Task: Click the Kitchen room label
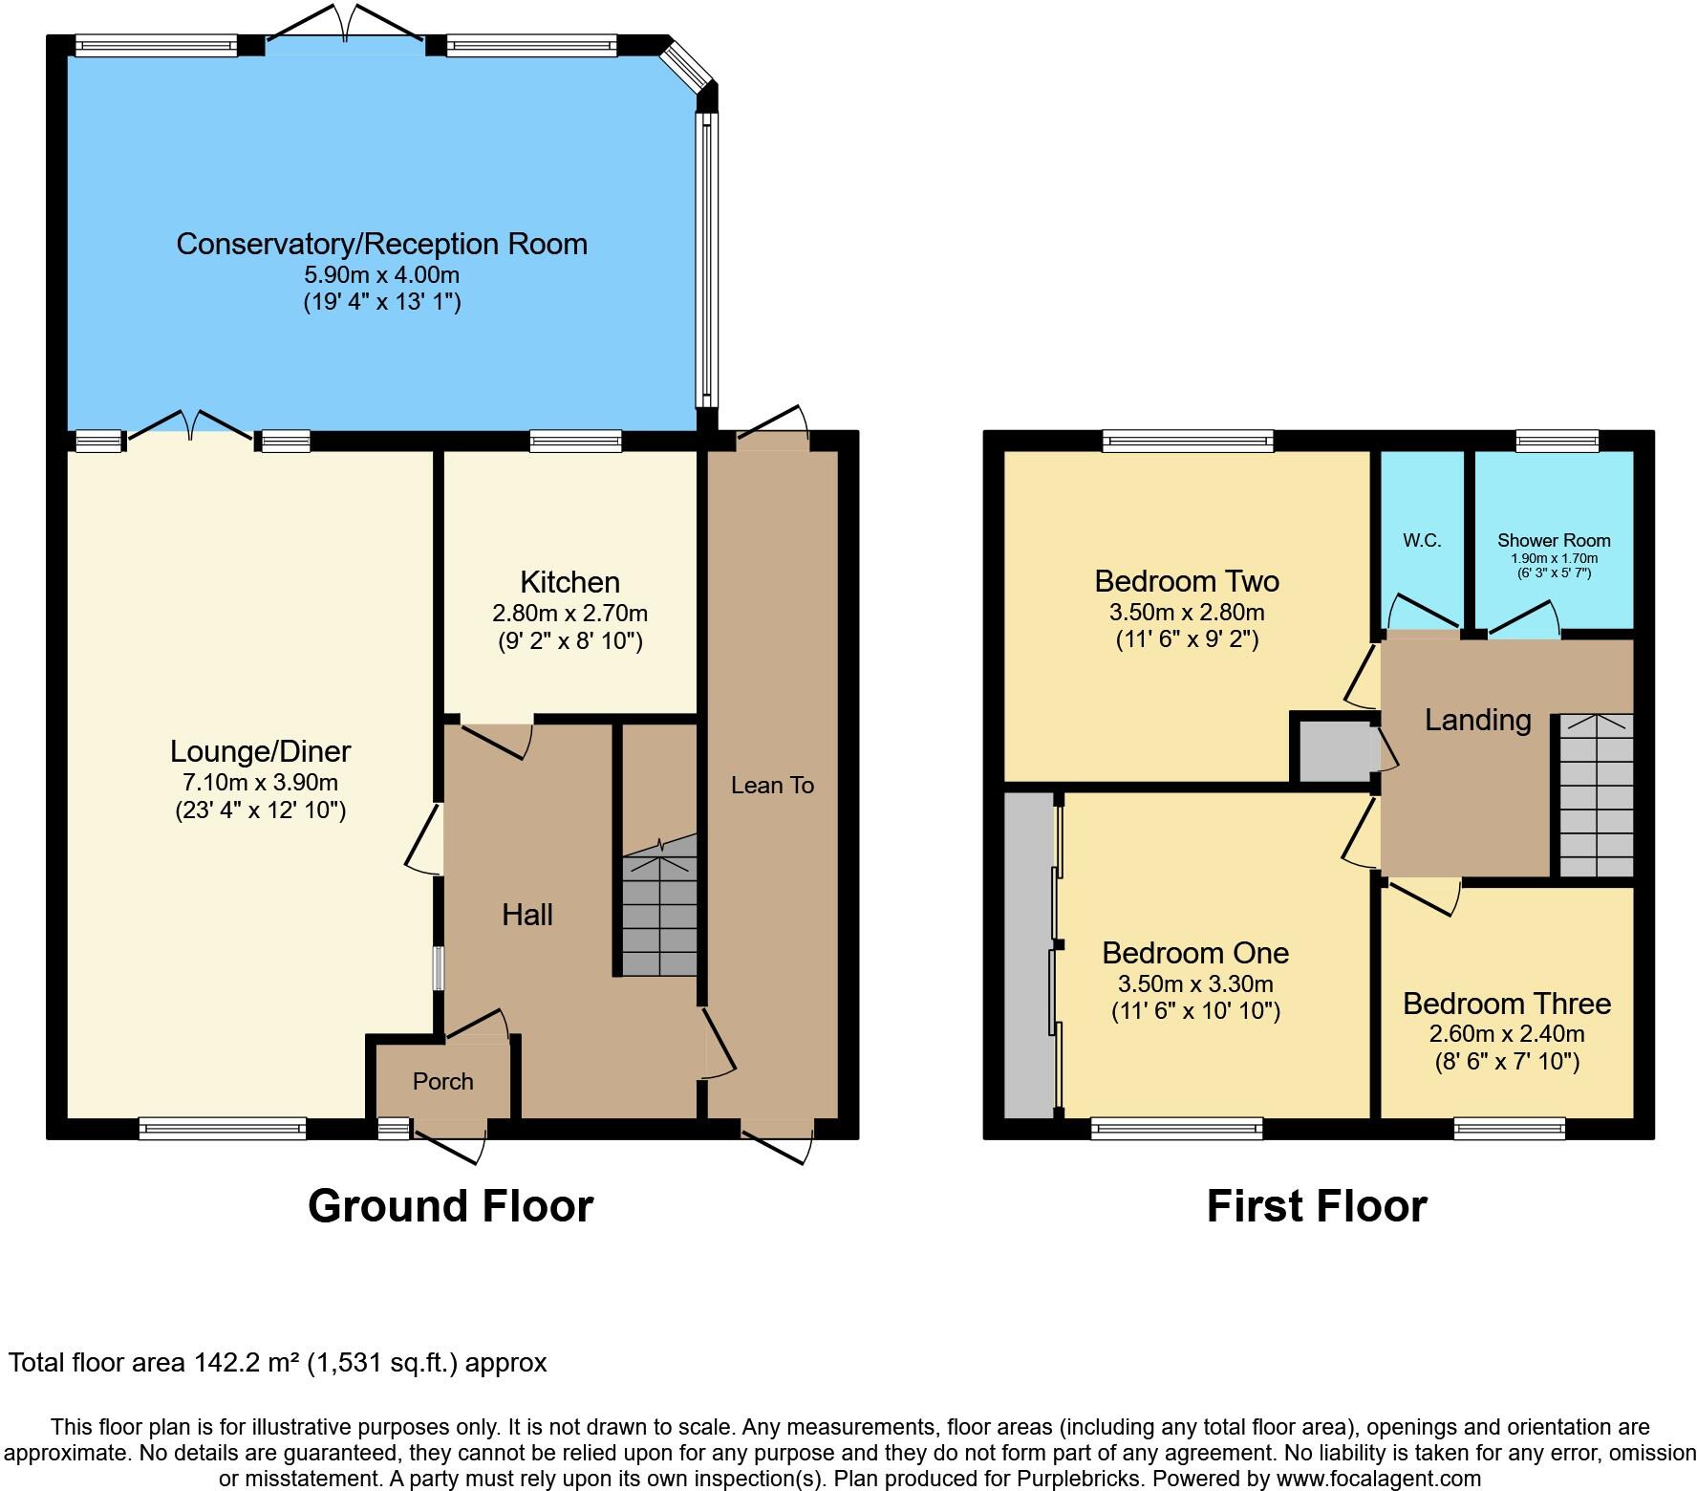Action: tap(569, 582)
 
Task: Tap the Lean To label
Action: tap(772, 786)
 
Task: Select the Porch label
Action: tap(443, 1081)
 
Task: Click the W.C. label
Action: tap(1422, 540)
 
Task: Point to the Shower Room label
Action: tap(1554, 540)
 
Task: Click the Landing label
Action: tap(1477, 721)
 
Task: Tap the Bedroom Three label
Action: tap(1507, 1004)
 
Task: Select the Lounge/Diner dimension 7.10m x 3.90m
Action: tap(260, 783)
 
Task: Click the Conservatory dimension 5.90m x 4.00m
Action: tap(381, 275)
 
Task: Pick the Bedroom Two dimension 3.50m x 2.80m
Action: tap(1187, 613)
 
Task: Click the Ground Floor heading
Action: tap(450, 1206)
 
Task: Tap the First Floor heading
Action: tap(1317, 1206)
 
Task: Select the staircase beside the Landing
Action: tap(1596, 795)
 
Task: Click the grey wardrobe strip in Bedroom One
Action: tap(1028, 956)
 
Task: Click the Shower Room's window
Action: tap(1557, 441)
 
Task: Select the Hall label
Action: tap(527, 916)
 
